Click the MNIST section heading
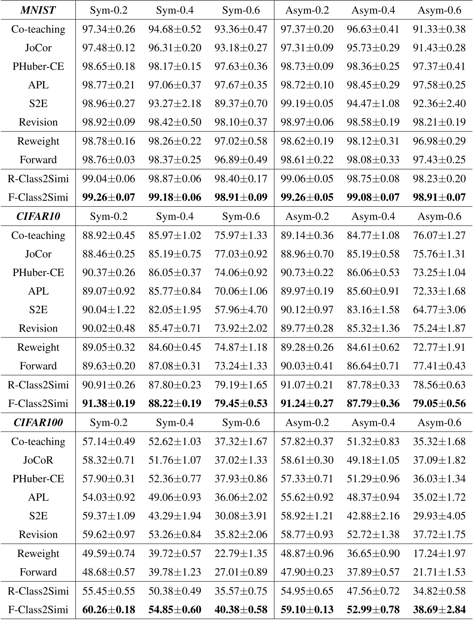coord(38,10)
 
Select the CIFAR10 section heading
coord(38,216)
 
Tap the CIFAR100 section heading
coord(38,422)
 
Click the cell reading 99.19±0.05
coord(307,103)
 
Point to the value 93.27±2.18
coord(175,103)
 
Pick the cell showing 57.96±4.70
coord(241,310)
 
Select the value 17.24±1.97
coord(439,553)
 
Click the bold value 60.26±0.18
coord(109,610)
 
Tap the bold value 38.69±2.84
coord(439,610)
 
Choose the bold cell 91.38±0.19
coord(109,403)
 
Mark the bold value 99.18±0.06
coord(175,197)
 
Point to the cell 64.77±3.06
coord(439,310)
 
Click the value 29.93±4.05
coord(439,516)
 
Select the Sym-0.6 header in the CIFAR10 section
coord(241,216)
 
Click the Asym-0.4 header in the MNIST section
coord(373,10)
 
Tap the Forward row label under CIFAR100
coord(38,572)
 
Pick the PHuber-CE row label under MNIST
coord(38,66)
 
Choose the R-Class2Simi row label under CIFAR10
coord(38,385)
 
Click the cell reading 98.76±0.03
coord(109,160)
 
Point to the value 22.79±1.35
coord(241,553)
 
